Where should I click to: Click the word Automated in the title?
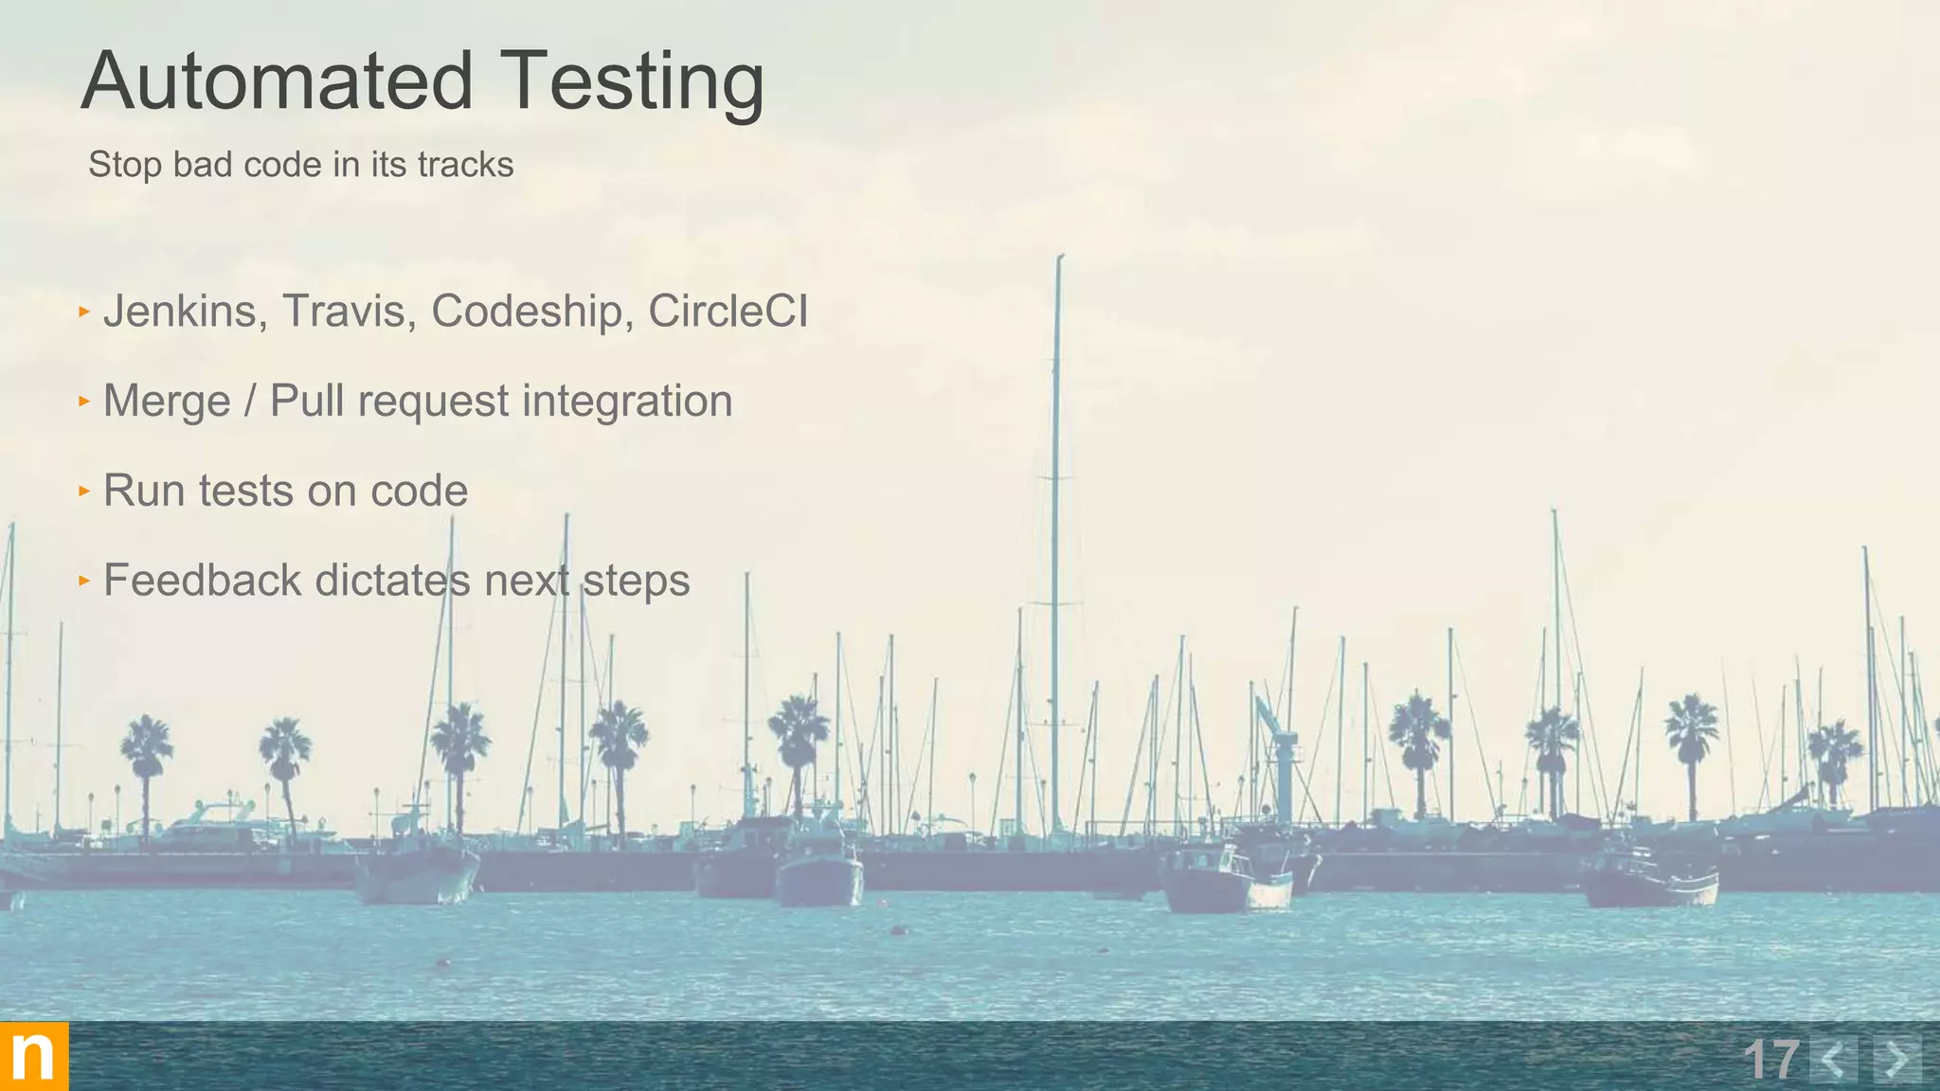pos(277,81)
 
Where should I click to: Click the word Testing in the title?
pos(632,83)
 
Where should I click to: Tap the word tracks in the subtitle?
pos(465,165)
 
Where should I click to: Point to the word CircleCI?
pos(727,312)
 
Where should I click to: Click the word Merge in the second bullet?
pos(167,402)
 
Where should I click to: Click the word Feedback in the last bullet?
pos(202,581)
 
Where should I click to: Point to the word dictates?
pos(392,581)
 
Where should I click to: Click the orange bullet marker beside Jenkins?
pos(84,311)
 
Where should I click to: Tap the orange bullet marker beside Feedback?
pos(84,580)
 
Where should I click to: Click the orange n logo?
pos(34,1056)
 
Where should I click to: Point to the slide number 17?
pos(1769,1059)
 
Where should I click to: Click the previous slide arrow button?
pos(1833,1059)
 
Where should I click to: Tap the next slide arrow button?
pos(1897,1059)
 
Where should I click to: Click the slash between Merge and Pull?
pos(250,402)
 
